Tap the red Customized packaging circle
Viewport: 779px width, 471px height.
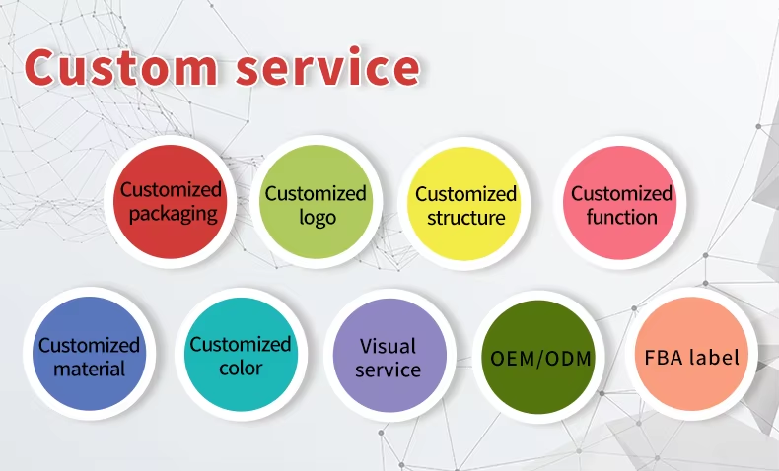(172, 201)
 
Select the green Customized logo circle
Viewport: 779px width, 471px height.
(316, 203)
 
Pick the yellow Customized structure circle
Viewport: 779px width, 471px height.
(465, 204)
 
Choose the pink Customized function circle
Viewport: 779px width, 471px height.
(621, 203)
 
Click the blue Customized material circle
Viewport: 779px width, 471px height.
(89, 355)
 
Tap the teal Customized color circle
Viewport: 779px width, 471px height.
(241, 354)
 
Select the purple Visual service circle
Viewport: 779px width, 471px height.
(388, 356)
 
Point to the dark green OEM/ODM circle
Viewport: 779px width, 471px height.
(541, 356)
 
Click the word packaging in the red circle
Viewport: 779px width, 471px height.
(172, 214)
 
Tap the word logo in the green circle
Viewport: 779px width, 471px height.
(317, 217)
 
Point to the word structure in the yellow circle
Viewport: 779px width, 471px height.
(465, 218)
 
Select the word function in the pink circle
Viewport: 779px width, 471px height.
(621, 217)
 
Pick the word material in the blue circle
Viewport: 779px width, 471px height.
(89, 370)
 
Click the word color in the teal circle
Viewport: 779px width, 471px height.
(241, 368)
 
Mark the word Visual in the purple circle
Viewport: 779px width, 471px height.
(388, 346)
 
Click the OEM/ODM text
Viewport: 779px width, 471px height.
(541, 357)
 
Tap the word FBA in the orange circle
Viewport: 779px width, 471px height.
(664, 357)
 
